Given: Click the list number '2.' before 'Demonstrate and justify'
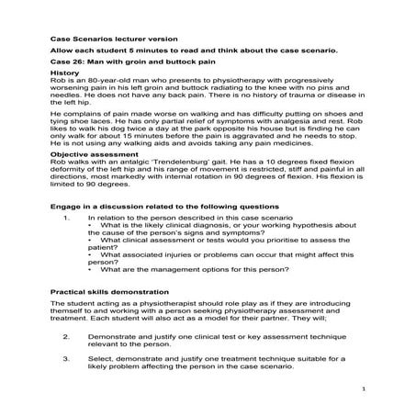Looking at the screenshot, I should [67, 337].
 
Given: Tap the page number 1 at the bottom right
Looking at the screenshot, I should [365, 390].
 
